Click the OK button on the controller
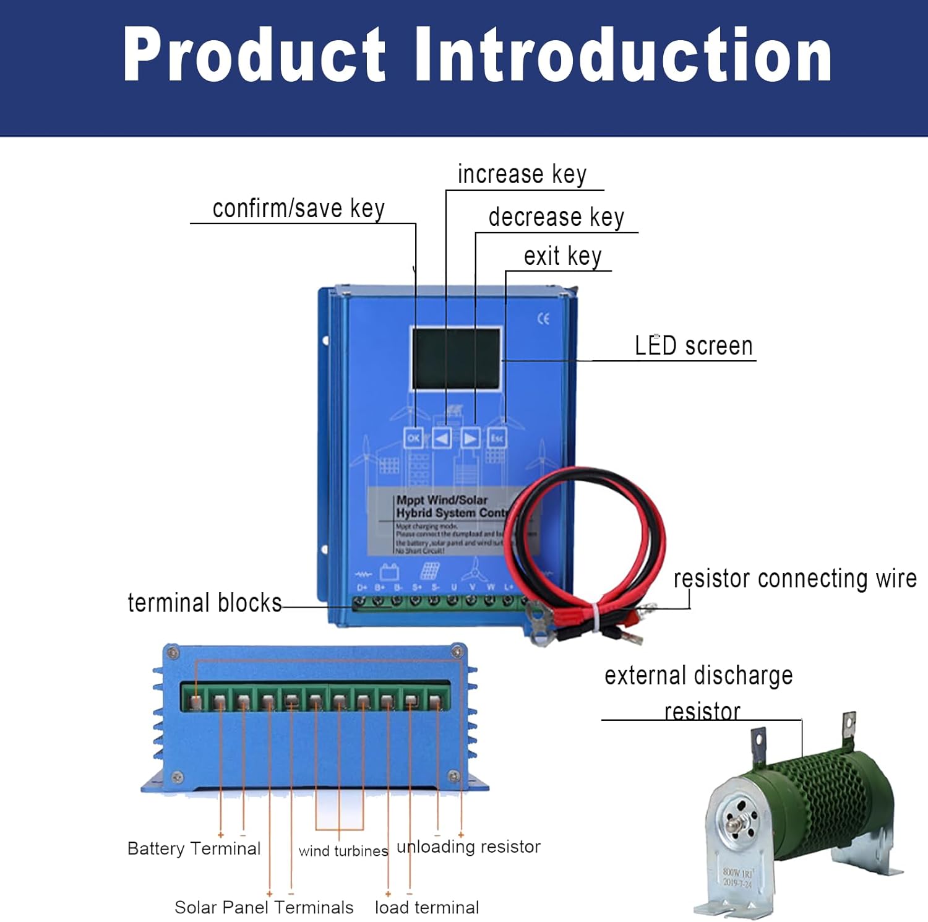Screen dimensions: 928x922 click(413, 438)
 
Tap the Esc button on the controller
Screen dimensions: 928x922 click(497, 438)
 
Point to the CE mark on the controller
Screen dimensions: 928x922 click(543, 319)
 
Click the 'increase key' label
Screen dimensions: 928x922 click(522, 174)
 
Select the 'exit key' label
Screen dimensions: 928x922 click(562, 256)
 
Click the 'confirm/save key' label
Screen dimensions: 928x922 click(298, 209)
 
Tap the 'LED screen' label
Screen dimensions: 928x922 click(694, 345)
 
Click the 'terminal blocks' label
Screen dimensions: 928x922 click(204, 603)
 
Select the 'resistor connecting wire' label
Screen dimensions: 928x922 click(794, 579)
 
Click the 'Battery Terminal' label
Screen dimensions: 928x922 click(194, 848)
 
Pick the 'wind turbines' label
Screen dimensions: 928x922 click(343, 851)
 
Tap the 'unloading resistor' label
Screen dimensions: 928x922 click(468, 847)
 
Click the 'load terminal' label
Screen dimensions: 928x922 click(427, 907)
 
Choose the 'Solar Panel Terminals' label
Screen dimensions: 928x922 click(264, 907)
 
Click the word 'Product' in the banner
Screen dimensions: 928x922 click(254, 56)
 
